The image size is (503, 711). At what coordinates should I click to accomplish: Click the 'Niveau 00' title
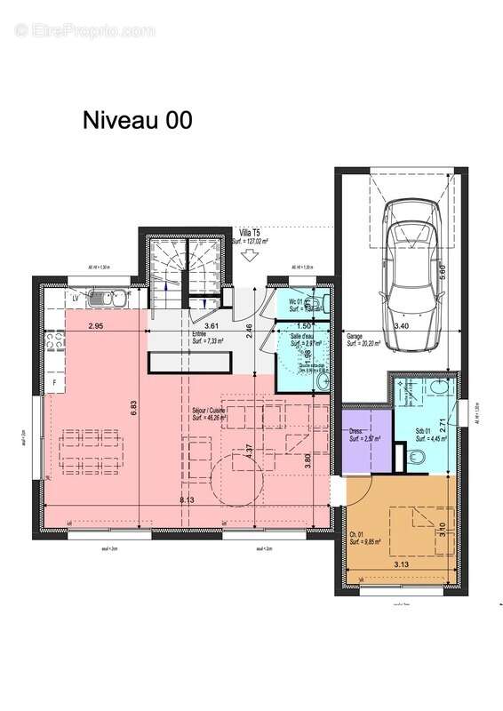coord(138,120)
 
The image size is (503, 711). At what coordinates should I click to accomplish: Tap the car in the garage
coord(411,263)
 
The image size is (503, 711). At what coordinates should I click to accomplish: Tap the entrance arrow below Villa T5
coord(250,256)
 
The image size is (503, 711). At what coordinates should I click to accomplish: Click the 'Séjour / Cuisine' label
coord(211,411)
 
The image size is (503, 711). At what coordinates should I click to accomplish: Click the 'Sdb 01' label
coord(425,433)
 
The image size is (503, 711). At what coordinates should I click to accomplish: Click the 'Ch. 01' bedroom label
coord(358,534)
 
